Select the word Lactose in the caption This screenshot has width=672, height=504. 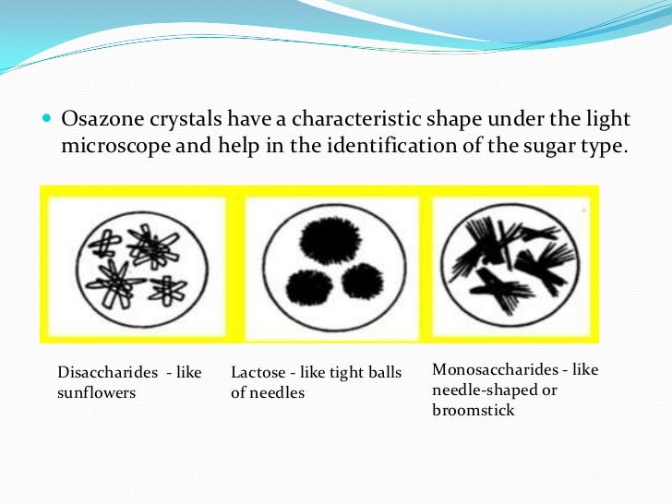pos(258,372)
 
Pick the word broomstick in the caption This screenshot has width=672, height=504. pos(473,410)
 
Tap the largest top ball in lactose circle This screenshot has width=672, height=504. pos(325,240)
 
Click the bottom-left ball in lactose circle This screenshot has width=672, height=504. pos(305,288)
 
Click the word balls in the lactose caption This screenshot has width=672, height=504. pos(382,372)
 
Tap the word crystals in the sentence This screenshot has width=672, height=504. pos(177,119)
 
